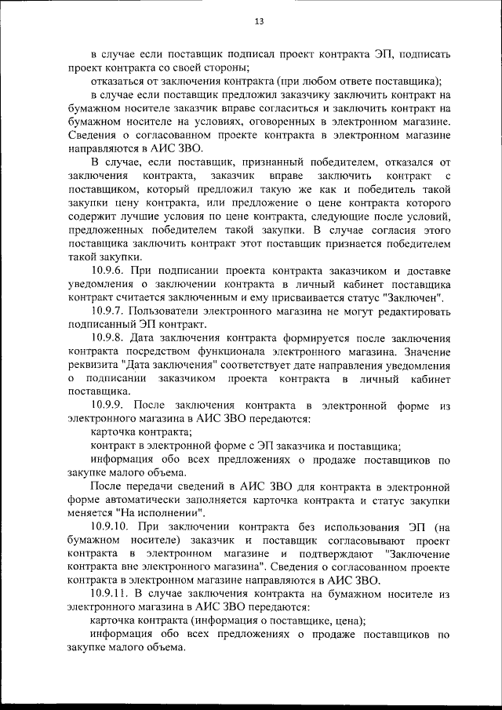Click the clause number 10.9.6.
[111, 271]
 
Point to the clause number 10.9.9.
[111, 406]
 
